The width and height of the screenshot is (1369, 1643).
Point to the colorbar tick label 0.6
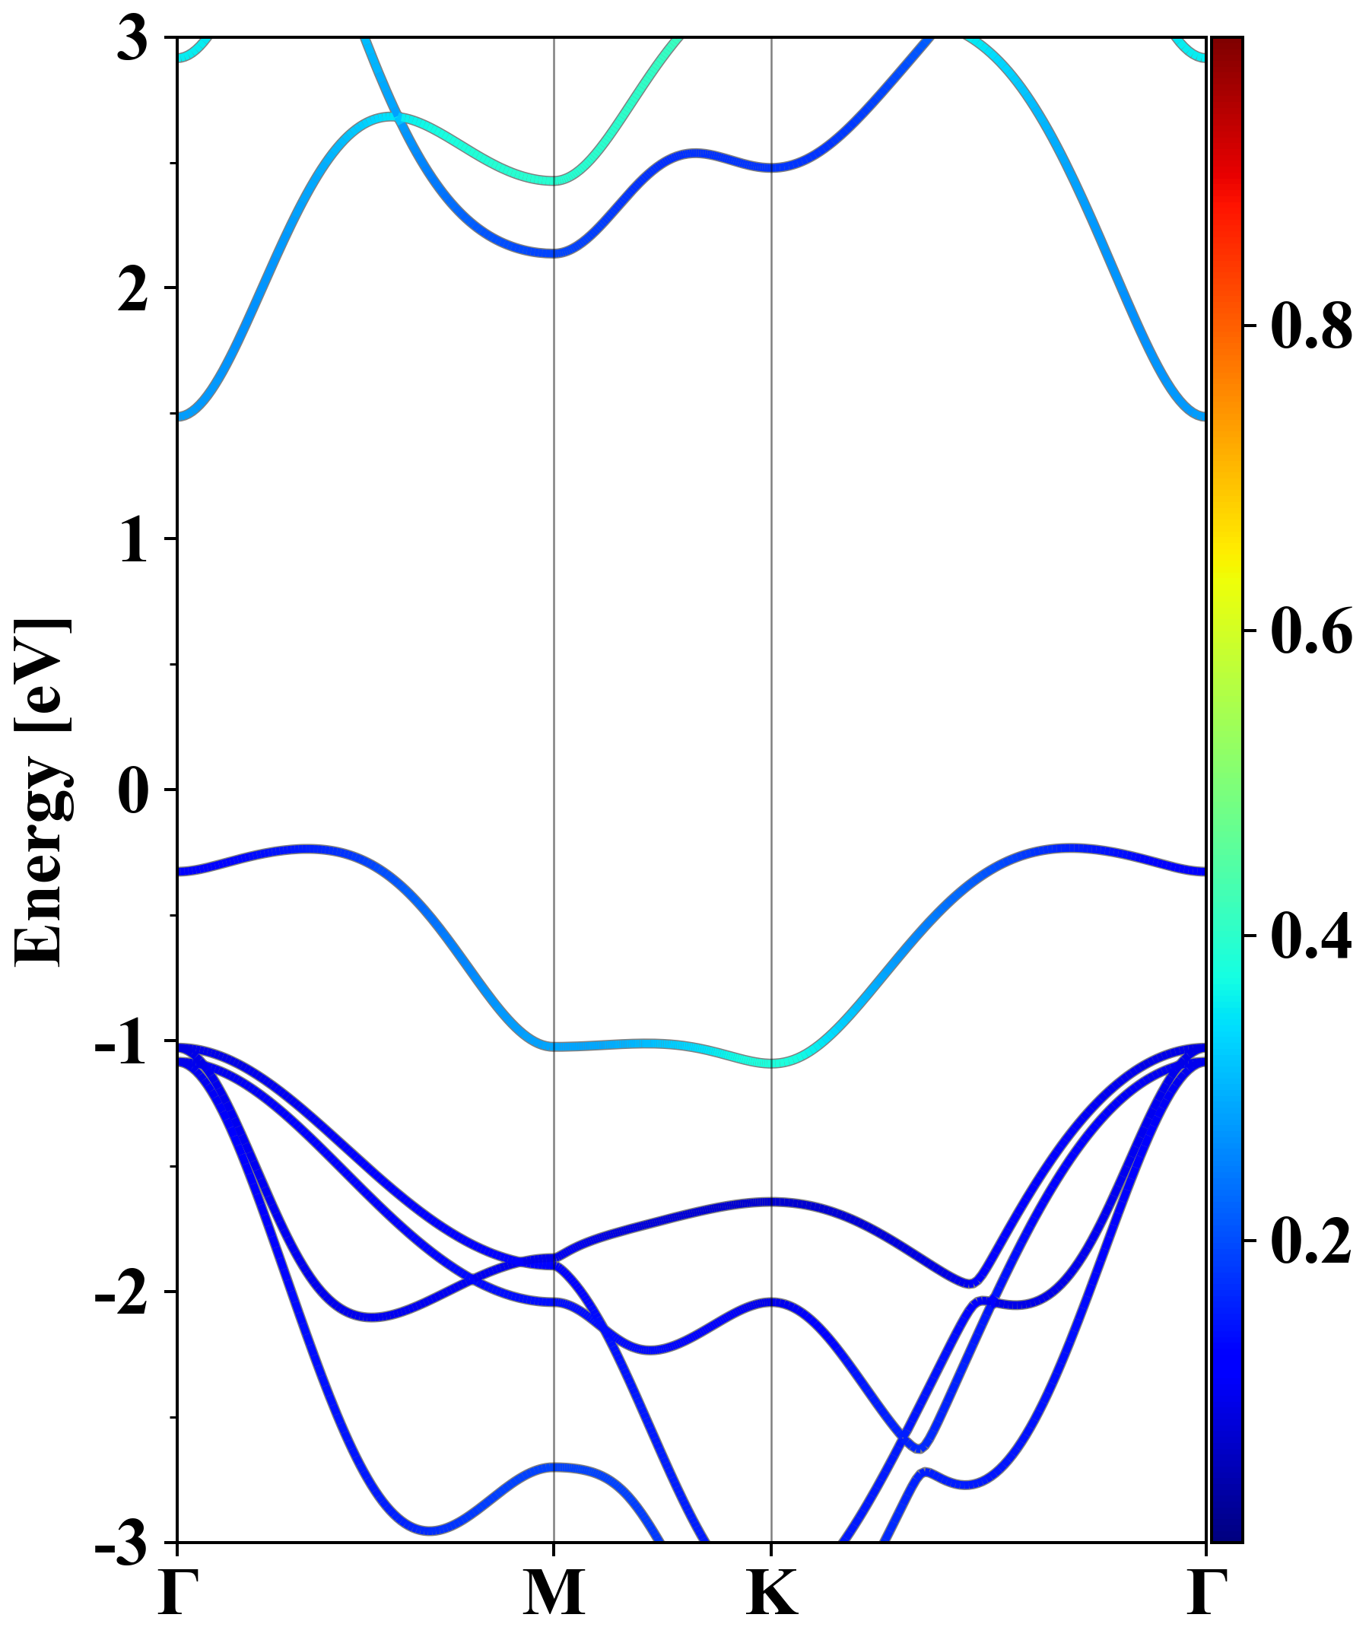(x=1311, y=631)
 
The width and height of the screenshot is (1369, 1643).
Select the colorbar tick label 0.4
(x=1311, y=936)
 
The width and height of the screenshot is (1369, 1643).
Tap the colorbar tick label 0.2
(x=1311, y=1241)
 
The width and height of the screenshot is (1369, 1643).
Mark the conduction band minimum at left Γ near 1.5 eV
(x=180, y=416)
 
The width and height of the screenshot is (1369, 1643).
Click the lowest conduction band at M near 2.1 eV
(x=554, y=253)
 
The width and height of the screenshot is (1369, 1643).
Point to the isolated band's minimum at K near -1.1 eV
(x=772, y=1063)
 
